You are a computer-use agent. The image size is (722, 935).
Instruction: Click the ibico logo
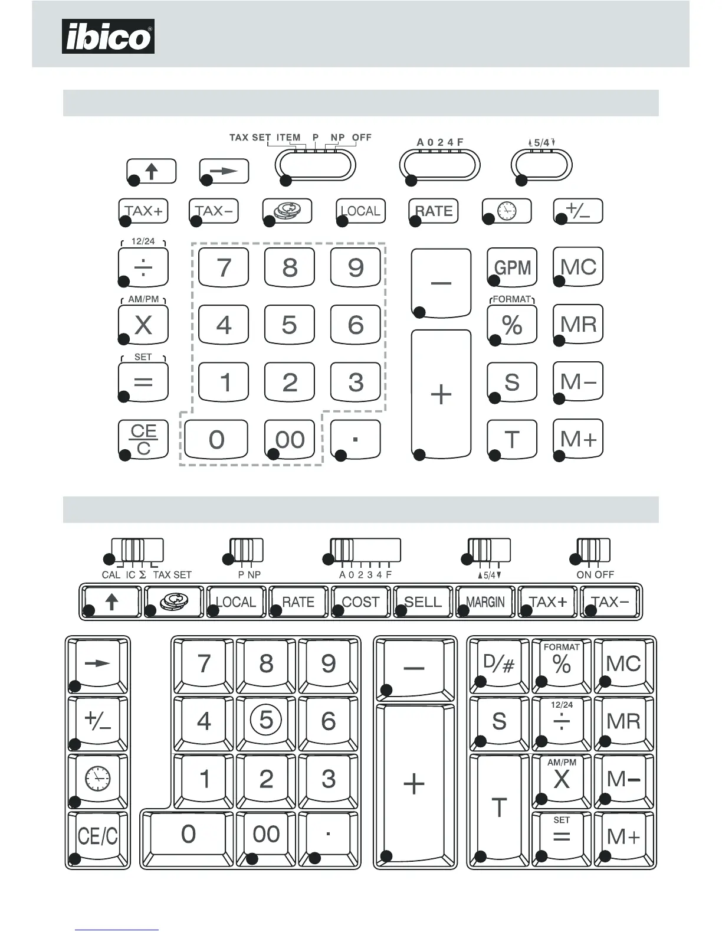108,37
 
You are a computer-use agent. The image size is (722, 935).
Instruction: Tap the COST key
360,601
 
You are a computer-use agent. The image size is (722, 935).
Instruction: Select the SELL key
423,601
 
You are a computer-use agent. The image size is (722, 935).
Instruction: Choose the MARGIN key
485,601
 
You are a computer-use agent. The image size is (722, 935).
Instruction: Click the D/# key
499,664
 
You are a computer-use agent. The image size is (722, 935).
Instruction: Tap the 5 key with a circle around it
266,720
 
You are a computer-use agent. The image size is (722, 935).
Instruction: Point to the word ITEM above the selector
288,138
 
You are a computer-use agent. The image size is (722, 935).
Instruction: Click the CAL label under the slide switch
111,574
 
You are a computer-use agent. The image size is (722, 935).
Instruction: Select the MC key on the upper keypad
578,267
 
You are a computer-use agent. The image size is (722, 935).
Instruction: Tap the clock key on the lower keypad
98,779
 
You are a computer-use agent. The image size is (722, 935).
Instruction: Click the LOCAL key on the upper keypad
360,211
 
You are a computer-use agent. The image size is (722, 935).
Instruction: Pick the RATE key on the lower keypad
298,601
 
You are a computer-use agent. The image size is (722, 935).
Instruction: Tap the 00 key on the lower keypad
266,834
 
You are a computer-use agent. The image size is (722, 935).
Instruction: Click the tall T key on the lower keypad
499,807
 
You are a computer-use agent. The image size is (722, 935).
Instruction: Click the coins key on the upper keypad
287,211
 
